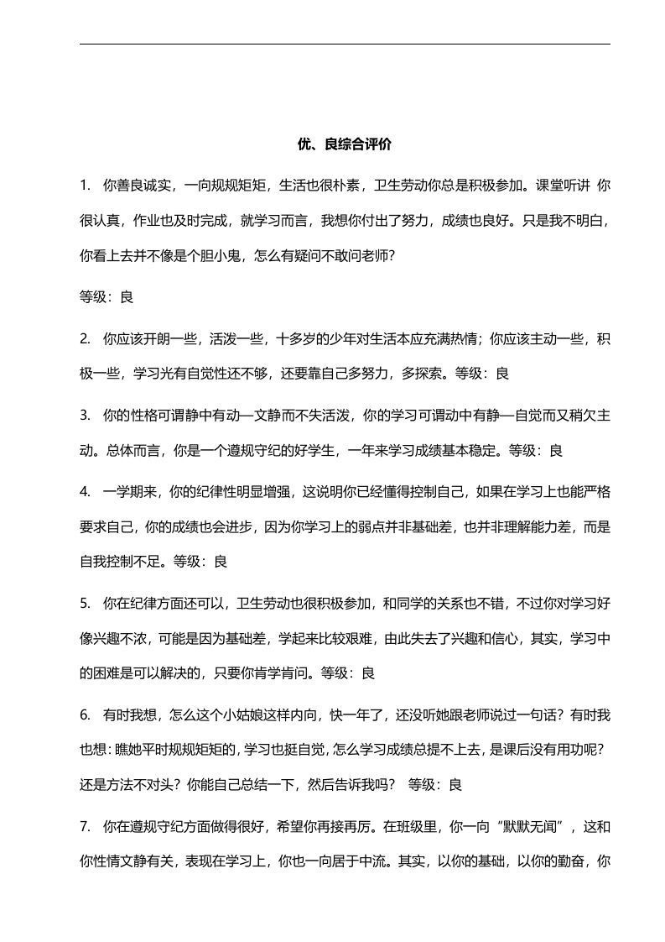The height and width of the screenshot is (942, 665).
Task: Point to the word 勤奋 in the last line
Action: [x=572, y=862]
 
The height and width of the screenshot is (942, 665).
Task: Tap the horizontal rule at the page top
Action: [x=345, y=44]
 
